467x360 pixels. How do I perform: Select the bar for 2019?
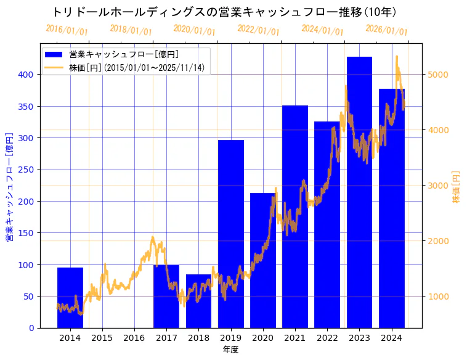230,234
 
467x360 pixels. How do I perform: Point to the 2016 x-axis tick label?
134,338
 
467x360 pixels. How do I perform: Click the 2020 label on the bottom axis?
262,338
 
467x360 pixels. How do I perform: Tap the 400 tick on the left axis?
27,75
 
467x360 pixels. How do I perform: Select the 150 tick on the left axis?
27,233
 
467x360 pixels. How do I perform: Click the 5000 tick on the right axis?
438,75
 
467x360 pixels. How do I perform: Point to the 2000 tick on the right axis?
438,241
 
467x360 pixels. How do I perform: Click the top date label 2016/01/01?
67,30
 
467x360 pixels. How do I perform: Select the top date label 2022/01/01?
258,30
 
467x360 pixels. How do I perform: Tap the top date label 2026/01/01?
386,30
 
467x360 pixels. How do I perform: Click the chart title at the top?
224,12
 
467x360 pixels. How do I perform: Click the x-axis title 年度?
230,350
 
